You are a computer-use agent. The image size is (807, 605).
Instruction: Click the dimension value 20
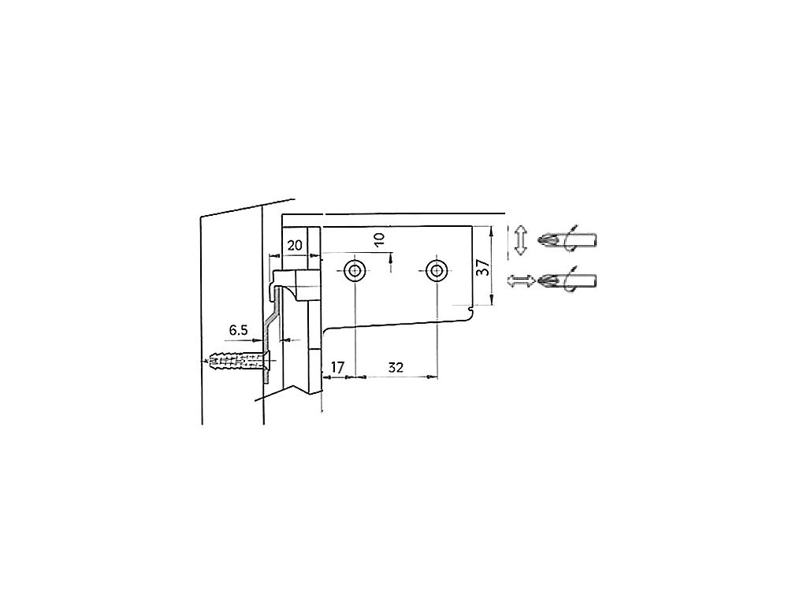pos(295,246)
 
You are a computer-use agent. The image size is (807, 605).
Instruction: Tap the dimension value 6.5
pos(238,330)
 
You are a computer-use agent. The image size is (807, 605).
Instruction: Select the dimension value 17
pos(337,367)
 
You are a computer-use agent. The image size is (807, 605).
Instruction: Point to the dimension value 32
pos(396,367)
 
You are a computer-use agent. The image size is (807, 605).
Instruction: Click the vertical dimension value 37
pos(483,267)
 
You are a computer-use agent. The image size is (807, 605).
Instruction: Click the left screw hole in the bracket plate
pos(355,271)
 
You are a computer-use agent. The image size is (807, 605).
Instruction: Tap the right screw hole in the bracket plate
pos(437,271)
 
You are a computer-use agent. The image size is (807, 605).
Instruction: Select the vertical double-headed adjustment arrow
pos(521,240)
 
